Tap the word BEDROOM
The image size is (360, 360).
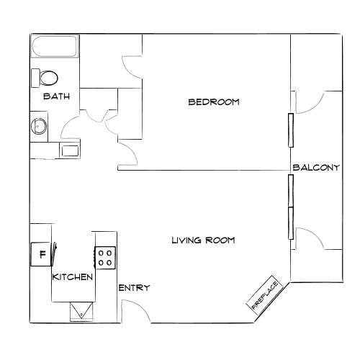click(x=213, y=102)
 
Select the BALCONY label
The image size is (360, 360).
click(x=316, y=168)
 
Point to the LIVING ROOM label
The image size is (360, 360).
click(x=203, y=240)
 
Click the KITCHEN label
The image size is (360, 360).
click(x=72, y=276)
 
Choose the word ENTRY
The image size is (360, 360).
click(x=134, y=288)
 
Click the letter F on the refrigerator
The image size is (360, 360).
click(x=42, y=254)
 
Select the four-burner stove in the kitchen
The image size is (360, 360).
click(x=105, y=257)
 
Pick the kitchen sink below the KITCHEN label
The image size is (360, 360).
click(x=80, y=310)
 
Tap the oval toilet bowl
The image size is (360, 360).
click(x=50, y=77)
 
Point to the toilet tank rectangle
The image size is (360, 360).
click(x=35, y=77)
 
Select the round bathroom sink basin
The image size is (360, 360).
click(x=38, y=127)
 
